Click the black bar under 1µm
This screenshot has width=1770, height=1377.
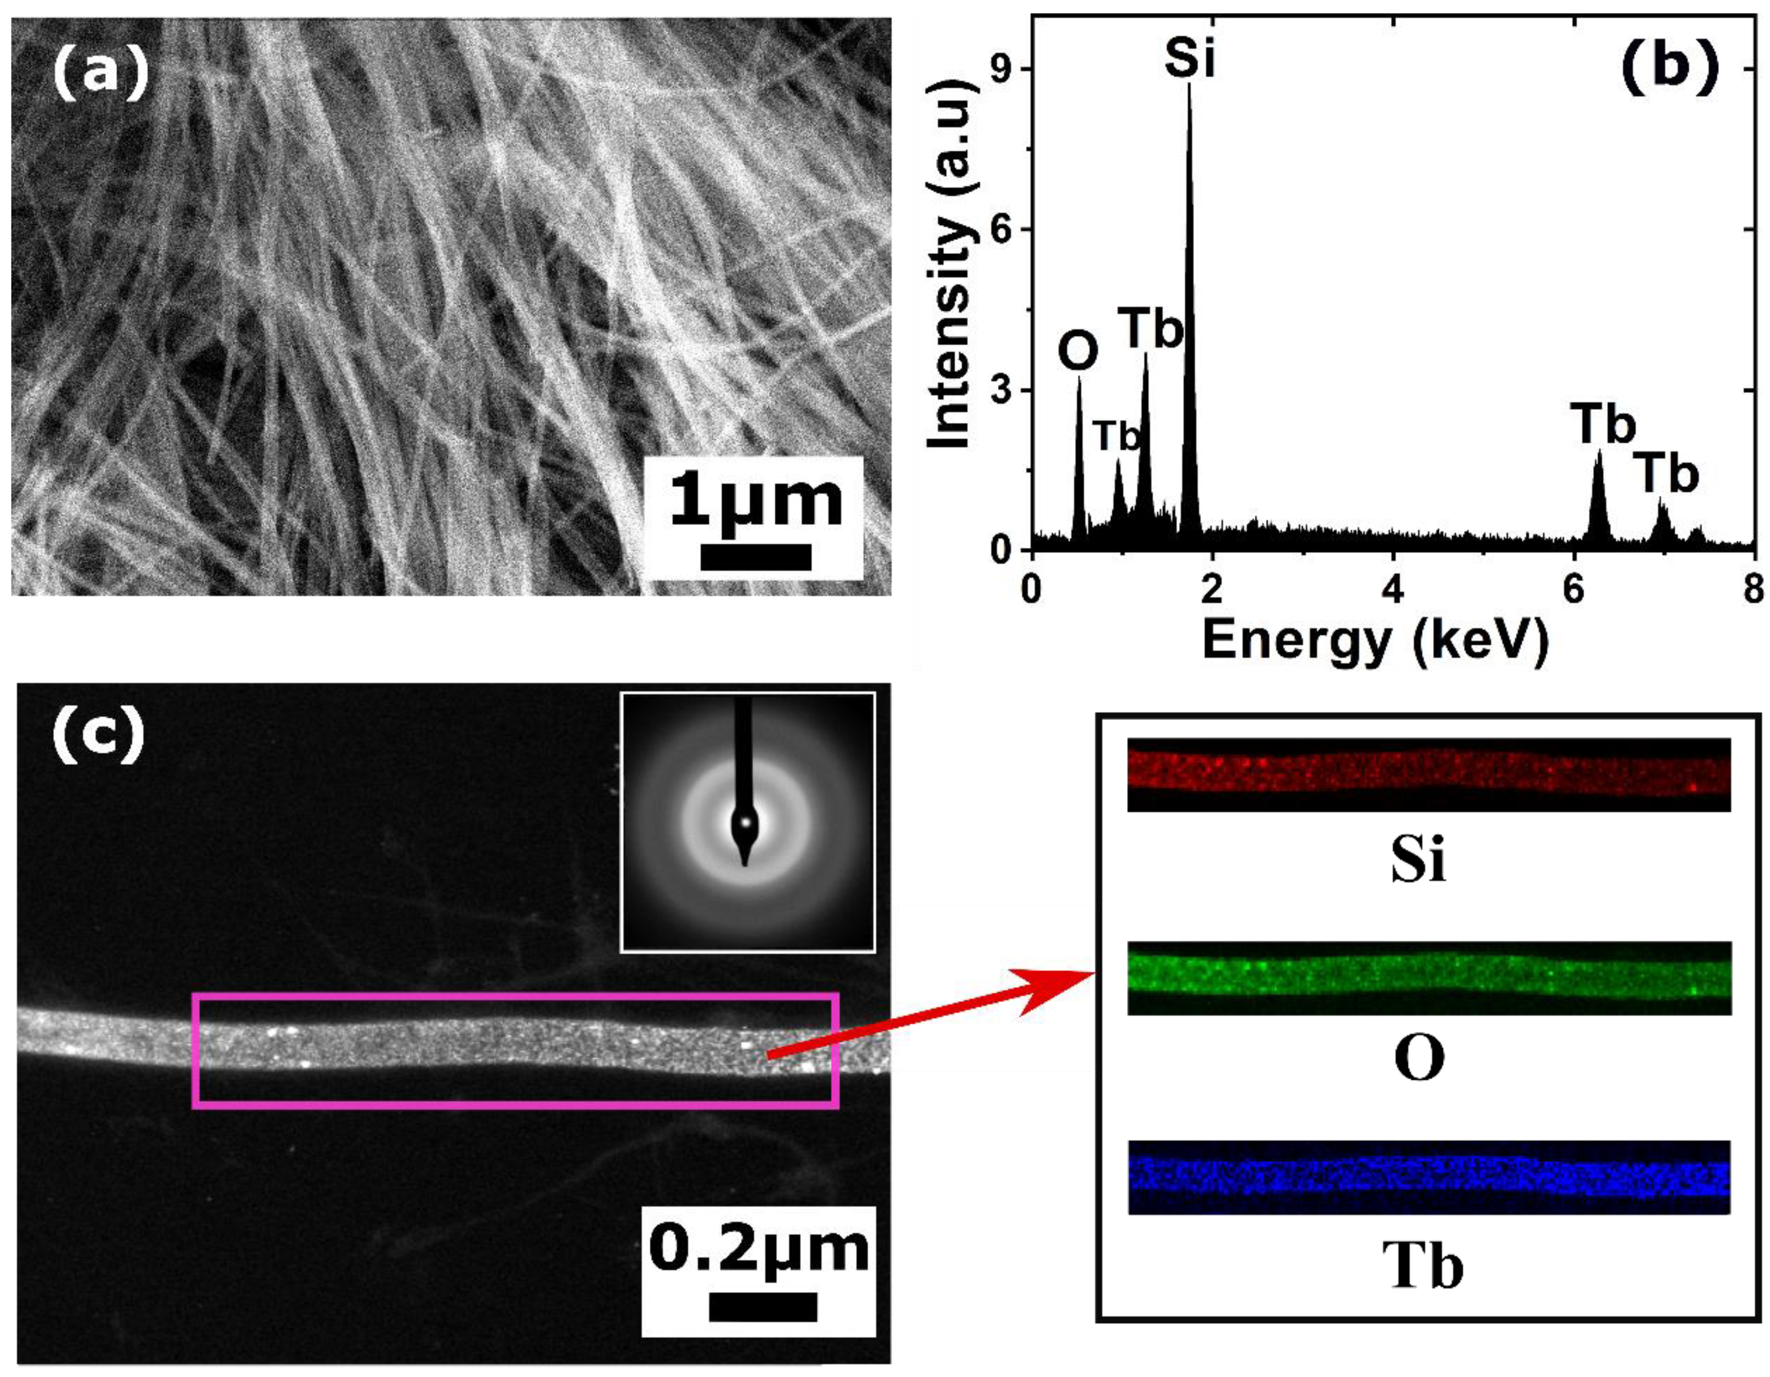(x=755, y=557)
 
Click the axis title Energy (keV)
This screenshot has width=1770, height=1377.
(x=1375, y=640)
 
